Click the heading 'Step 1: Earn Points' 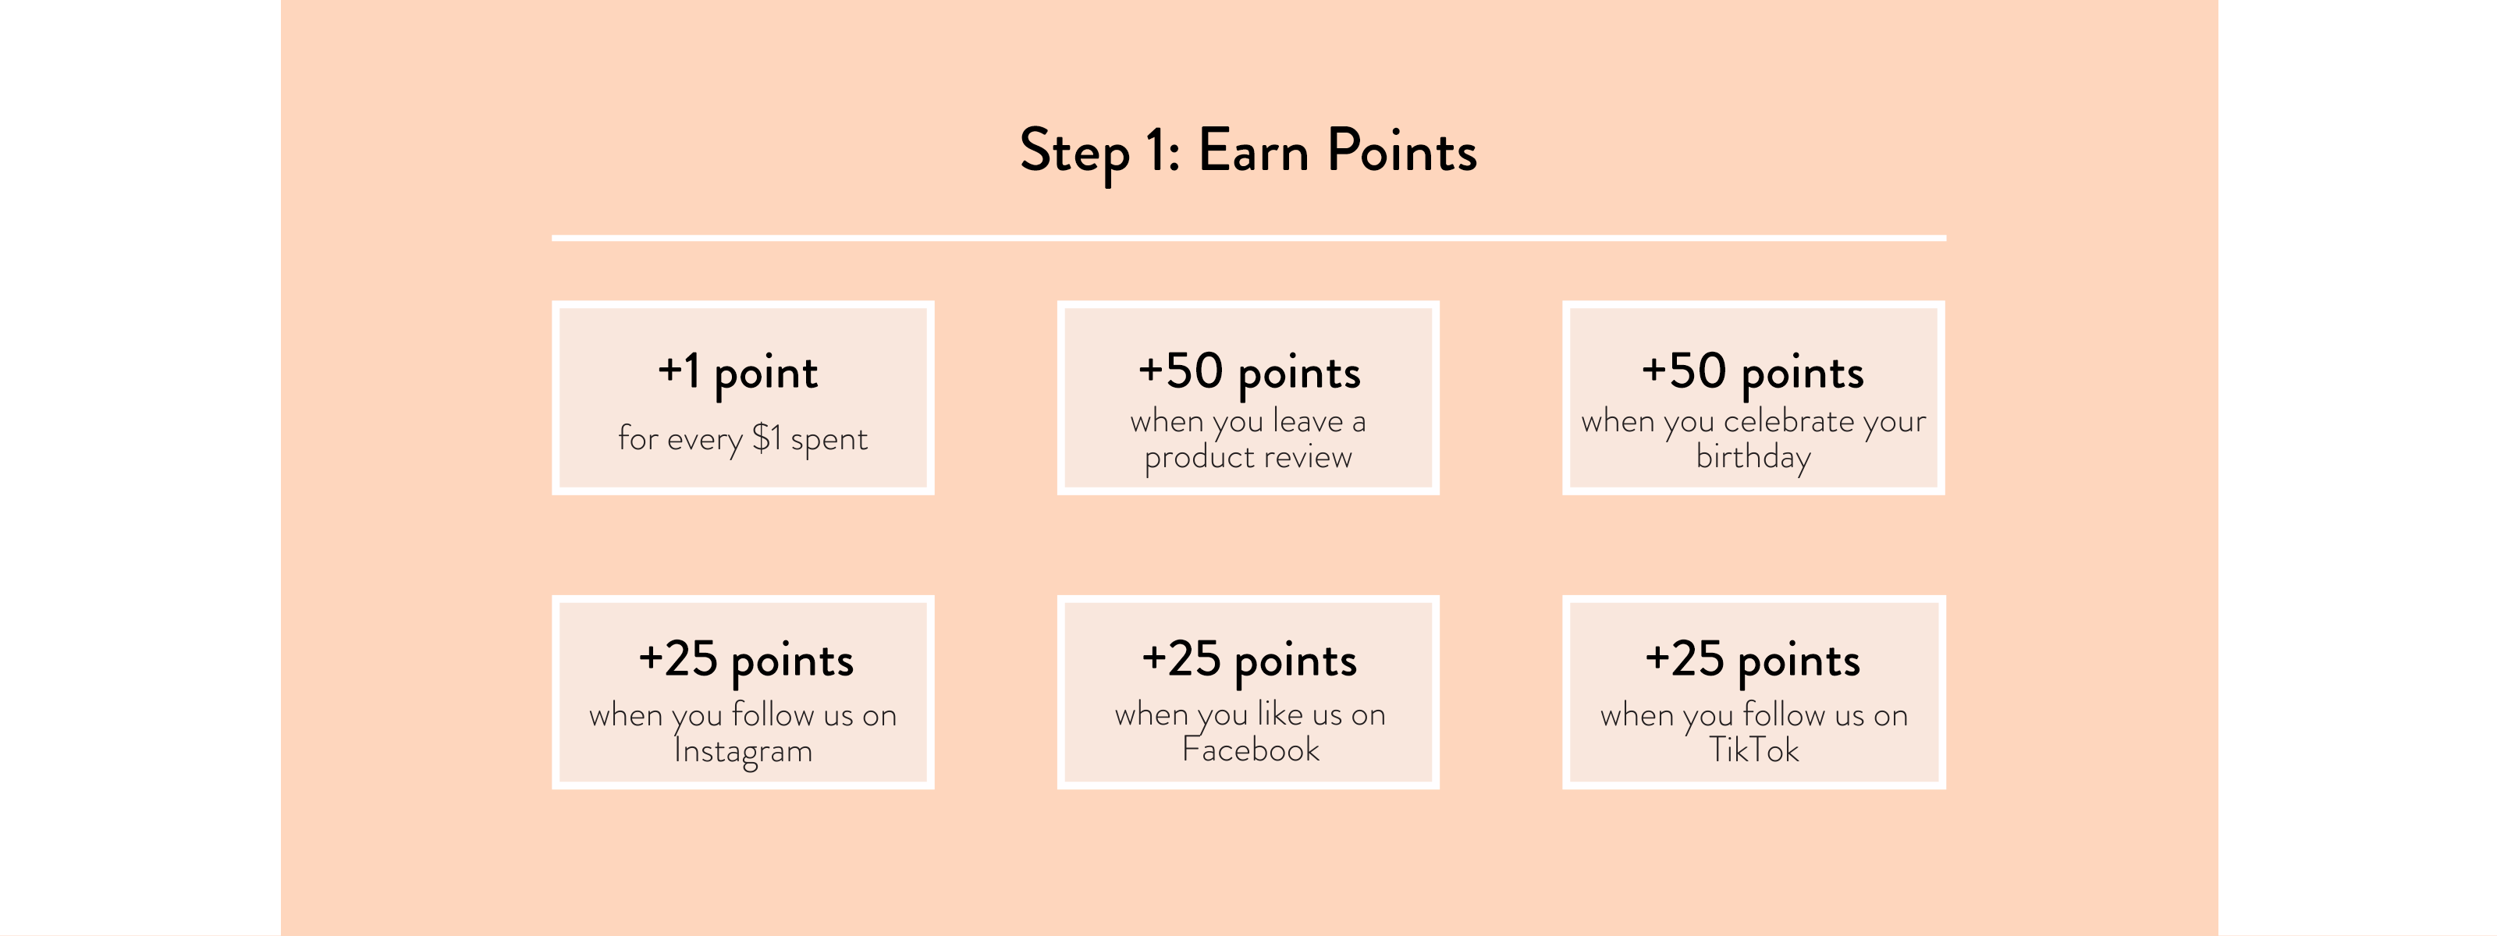pos(1248,152)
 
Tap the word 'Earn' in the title pos(1253,151)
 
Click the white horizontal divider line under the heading pos(1248,237)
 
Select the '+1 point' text pos(737,373)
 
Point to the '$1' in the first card pos(767,437)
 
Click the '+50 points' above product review pos(1248,373)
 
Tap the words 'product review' pos(1248,457)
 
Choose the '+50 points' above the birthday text pos(1753,373)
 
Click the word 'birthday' pos(1753,456)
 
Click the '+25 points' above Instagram pos(745,661)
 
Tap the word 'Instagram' pos(743,751)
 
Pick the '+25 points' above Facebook pos(1248,661)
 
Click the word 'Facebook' pos(1249,749)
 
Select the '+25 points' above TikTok pos(1753,661)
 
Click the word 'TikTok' pos(1753,749)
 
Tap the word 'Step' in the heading pos(1074,153)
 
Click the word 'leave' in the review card pos(1307,420)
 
